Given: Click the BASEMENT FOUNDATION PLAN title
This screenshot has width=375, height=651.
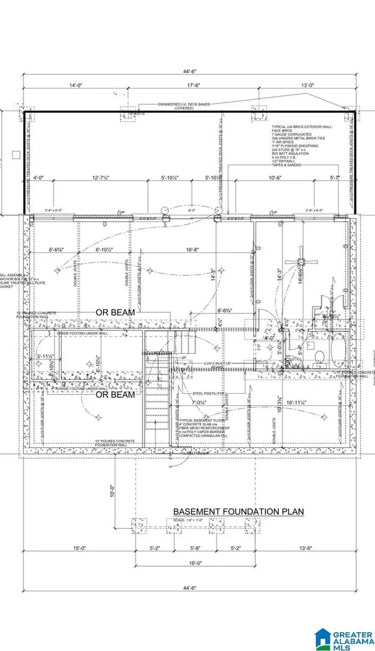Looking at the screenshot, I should (238, 512).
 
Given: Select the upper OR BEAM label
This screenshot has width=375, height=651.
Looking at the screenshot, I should (114, 311).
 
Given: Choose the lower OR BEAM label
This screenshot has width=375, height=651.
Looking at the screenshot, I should (114, 396).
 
